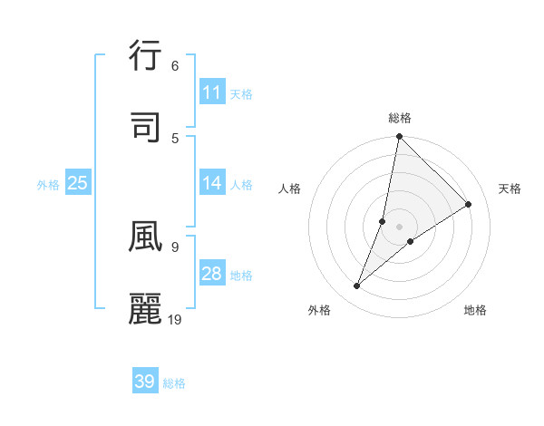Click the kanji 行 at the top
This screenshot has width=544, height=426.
[145, 57]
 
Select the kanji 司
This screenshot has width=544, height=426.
[145, 128]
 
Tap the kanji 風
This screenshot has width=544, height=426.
[145, 236]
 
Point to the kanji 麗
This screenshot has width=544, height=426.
[145, 308]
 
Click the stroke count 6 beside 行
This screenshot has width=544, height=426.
[174, 66]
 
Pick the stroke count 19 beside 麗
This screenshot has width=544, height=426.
[176, 319]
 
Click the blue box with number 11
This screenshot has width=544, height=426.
[211, 92]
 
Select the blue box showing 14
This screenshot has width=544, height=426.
[211, 183]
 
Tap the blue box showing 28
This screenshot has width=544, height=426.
[211, 274]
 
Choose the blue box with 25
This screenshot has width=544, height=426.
[77, 183]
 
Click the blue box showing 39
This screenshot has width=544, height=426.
[144, 382]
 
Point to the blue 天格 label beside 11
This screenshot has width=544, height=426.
[241, 93]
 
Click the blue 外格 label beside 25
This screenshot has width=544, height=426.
[48, 184]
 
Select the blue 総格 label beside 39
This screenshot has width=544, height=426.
[175, 382]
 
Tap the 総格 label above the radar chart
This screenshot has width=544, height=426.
[400, 118]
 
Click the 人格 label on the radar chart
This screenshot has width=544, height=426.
[290, 189]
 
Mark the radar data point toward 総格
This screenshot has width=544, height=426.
[399, 136]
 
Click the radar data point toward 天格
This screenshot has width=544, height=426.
[469, 204]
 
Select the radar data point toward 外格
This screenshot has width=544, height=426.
[357, 286]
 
